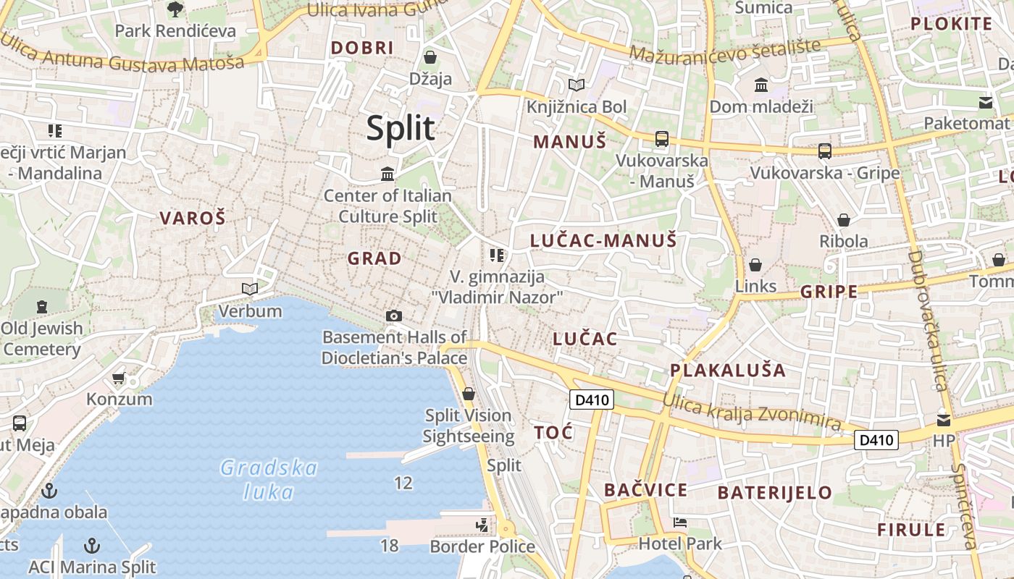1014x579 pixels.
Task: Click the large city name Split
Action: tap(401, 128)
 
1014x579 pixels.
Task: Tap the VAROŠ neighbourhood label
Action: tap(193, 218)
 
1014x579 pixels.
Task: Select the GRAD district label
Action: tap(374, 258)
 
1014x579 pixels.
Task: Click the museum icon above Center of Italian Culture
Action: tap(387, 174)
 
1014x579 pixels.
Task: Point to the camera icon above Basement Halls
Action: tap(394, 316)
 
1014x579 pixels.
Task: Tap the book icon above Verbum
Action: tap(250, 289)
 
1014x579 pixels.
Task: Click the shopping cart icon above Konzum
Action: tap(119, 378)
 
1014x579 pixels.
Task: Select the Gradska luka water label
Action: tap(269, 480)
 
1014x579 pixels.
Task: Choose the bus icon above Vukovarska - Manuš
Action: tap(661, 139)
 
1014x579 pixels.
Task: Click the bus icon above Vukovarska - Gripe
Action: tap(825, 151)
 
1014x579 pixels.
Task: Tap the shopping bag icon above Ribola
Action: tap(844, 219)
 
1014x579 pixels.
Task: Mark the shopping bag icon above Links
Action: tap(755, 265)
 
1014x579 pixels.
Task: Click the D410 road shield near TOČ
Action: tap(592, 400)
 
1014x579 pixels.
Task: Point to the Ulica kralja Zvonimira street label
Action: tap(752, 413)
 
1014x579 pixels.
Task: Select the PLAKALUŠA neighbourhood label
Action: tap(727, 371)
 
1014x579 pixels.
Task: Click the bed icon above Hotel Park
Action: tap(679, 522)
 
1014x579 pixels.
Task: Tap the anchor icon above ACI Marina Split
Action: tap(92, 545)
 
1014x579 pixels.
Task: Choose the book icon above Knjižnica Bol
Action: tap(577, 85)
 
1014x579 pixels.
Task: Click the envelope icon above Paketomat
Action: tap(986, 102)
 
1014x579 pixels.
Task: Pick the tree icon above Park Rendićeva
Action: tap(175, 9)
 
